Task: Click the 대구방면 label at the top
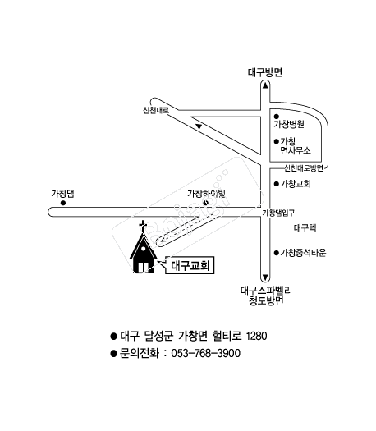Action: point(264,71)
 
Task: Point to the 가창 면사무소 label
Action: point(294,146)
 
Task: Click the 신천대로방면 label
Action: point(305,167)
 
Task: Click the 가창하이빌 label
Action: point(206,193)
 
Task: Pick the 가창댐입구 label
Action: point(277,213)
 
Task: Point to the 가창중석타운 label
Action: point(303,253)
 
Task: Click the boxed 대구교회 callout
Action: point(190,265)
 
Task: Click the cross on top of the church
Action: point(143,227)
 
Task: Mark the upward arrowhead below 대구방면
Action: point(264,85)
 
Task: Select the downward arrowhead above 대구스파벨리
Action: point(264,277)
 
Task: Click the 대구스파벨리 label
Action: point(266,290)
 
